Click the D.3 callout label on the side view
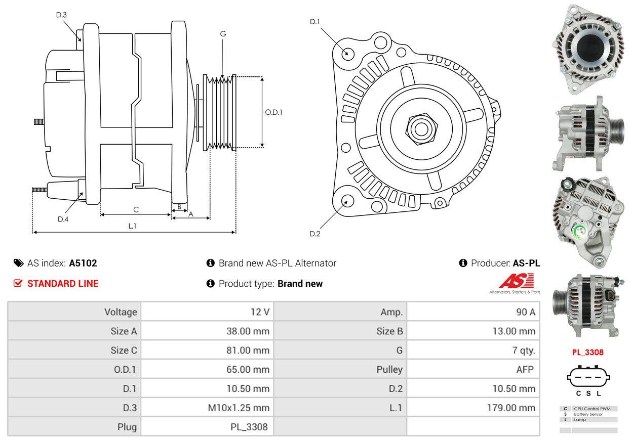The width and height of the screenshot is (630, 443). [x=61, y=15]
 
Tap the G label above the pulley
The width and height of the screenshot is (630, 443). [x=223, y=34]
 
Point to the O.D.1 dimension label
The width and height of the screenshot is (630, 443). [x=273, y=112]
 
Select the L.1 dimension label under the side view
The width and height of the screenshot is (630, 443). [x=132, y=226]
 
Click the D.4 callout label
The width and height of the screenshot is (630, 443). [x=63, y=219]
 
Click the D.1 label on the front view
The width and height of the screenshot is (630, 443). [x=314, y=22]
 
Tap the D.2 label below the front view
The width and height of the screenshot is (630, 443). [x=314, y=234]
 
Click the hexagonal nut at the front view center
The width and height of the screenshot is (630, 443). [x=421, y=129]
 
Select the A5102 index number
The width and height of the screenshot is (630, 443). [x=83, y=263]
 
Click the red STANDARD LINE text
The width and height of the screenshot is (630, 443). [x=63, y=284]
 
